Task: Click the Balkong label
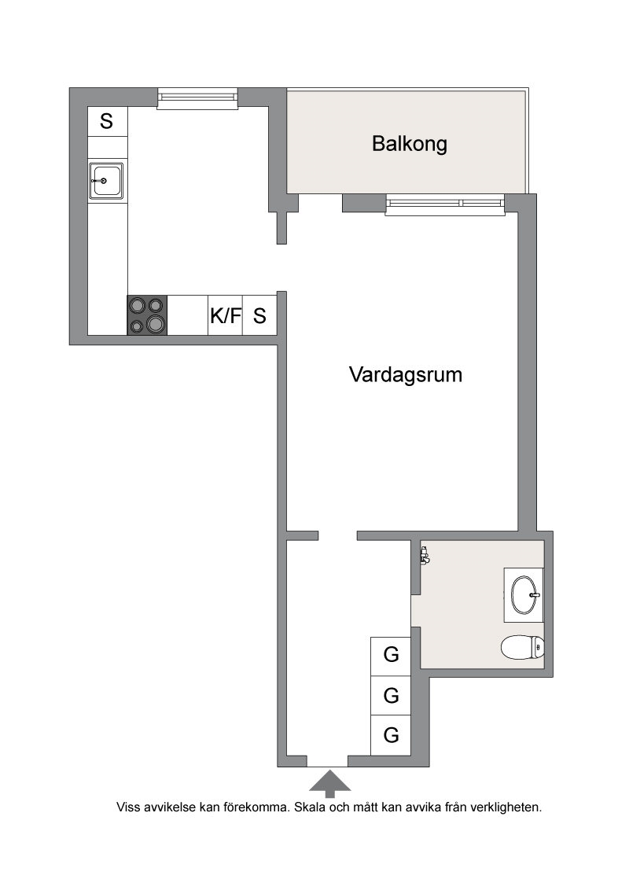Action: [x=410, y=144]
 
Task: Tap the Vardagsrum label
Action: [x=406, y=374]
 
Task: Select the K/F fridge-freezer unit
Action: [x=226, y=315]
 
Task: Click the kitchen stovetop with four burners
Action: [x=147, y=315]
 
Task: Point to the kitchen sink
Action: [x=106, y=181]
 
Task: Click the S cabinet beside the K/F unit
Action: [x=260, y=315]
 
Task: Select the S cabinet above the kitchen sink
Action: [x=107, y=121]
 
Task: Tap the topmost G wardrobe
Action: [x=391, y=656]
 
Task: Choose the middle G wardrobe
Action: [x=391, y=695]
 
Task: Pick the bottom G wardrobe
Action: [x=391, y=735]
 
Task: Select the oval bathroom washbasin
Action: [x=524, y=595]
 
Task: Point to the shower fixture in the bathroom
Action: [x=424, y=554]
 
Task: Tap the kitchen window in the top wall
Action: [x=197, y=99]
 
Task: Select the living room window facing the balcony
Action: [x=444, y=205]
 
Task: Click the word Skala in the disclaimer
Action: [x=310, y=807]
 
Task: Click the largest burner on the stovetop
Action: [x=156, y=324]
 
